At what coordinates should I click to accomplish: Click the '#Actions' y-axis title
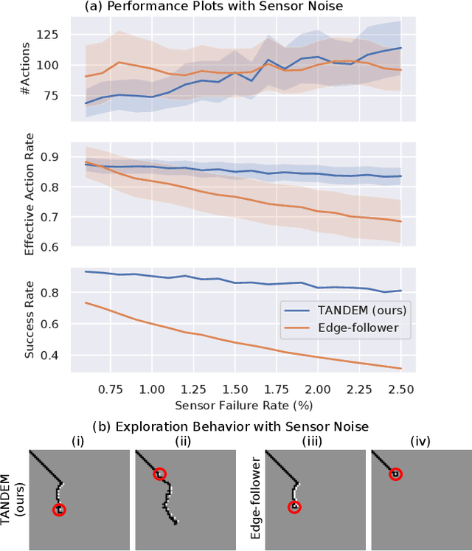[29, 65]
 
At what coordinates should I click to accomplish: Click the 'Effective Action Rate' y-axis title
[29, 199]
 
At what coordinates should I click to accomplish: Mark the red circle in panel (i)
[60, 509]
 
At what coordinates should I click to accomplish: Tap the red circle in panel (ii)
[159, 474]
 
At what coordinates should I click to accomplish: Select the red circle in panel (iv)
[395, 474]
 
